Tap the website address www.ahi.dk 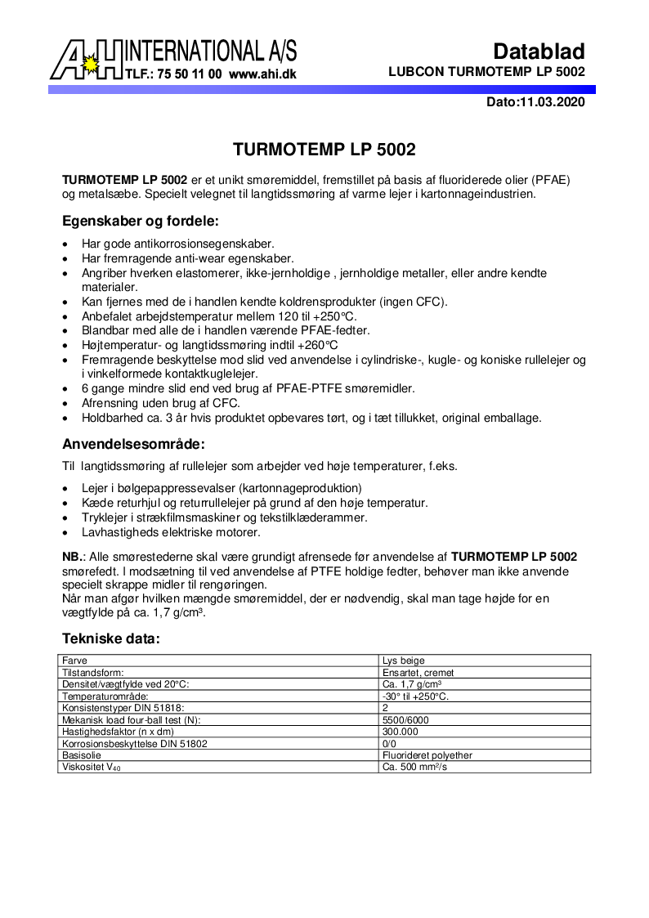click(262, 74)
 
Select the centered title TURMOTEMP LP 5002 click(324, 150)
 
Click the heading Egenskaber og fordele click(141, 222)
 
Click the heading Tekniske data click(111, 638)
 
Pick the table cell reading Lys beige click(404, 661)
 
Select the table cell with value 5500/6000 click(405, 720)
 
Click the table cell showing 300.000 click(401, 732)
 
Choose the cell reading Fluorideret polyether click(427, 755)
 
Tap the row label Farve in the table click(75, 661)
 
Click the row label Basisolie click(81, 755)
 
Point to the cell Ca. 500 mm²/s click(415, 768)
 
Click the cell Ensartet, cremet click(418, 673)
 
